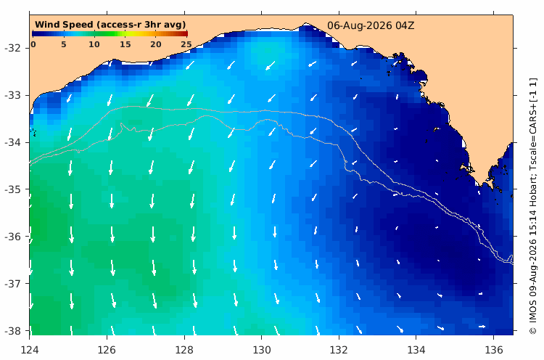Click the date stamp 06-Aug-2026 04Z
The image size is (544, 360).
pyautogui.click(x=371, y=25)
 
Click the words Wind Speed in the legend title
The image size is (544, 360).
pyautogui.click(x=64, y=25)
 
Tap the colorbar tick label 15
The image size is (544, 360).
pyautogui.click(x=125, y=44)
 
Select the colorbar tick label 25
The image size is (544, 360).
pyautogui.click(x=186, y=44)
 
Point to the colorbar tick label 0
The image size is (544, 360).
pyautogui.click(x=33, y=44)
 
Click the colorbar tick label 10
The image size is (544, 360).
pyautogui.click(x=94, y=44)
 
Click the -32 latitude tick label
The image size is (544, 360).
pyautogui.click(x=12, y=48)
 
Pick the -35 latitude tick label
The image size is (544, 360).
pyautogui.click(x=12, y=189)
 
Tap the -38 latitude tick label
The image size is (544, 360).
pyautogui.click(x=12, y=331)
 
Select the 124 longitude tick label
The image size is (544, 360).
pyautogui.click(x=30, y=350)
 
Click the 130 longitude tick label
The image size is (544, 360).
pyautogui.click(x=262, y=350)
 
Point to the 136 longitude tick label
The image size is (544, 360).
pyautogui.click(x=494, y=350)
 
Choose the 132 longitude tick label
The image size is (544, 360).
pyautogui.click(x=339, y=350)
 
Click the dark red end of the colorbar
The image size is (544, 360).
pyautogui.click(x=185, y=33)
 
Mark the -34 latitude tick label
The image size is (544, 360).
pyautogui.click(x=12, y=142)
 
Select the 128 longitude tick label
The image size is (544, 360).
pyautogui.click(x=184, y=350)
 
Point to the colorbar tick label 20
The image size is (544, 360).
pyautogui.click(x=156, y=44)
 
